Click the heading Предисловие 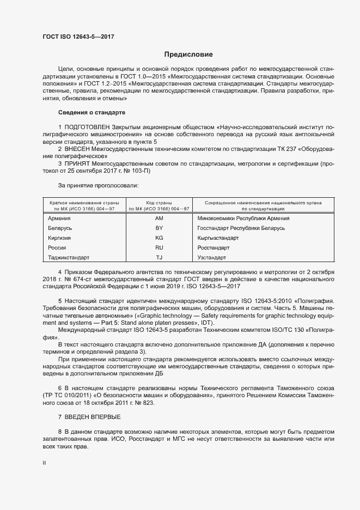click(188, 54)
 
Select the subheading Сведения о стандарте click(91, 112)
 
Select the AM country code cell click(159, 218)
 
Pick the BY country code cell click(159, 228)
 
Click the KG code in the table click(159, 238)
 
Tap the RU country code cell click(159, 247)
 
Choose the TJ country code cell click(159, 257)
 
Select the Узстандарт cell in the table click(211, 257)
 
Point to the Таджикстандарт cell click(69, 257)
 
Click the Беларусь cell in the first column click(60, 228)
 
